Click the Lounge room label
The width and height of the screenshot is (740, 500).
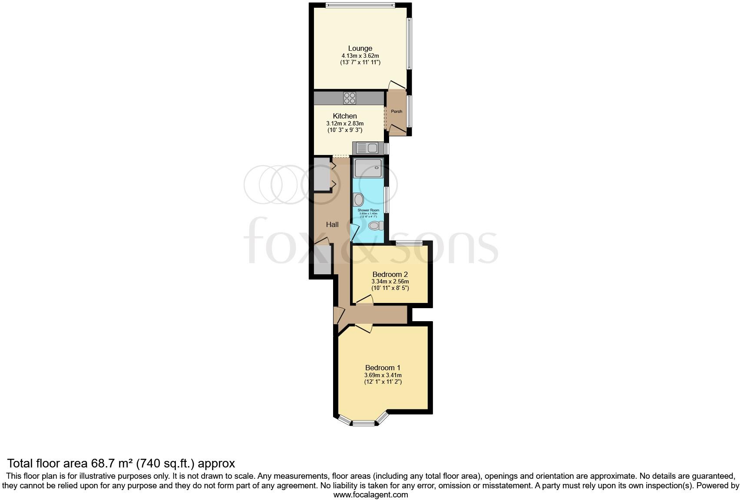tap(360, 48)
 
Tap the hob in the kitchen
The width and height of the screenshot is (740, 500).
tap(350, 98)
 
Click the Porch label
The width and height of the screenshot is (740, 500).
tap(396, 112)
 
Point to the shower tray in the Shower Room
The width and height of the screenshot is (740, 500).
tap(368, 168)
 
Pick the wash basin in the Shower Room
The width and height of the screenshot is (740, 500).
tap(359, 200)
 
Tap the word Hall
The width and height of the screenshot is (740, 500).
tap(332, 224)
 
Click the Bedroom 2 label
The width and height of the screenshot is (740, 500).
tap(390, 274)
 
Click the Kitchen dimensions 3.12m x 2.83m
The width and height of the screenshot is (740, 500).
tap(345, 123)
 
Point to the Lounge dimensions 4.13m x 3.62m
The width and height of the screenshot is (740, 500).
tap(360, 56)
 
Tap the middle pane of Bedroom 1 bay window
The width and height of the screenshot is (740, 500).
tap(363, 423)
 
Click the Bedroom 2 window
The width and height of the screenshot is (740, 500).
tap(409, 243)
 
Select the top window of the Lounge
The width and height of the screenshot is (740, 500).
tap(360, 6)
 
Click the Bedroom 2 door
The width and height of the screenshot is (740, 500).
tap(365, 299)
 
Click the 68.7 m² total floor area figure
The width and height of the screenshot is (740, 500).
tap(112, 463)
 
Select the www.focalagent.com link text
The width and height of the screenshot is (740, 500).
tap(370, 494)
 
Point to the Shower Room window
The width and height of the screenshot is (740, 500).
tap(387, 199)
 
